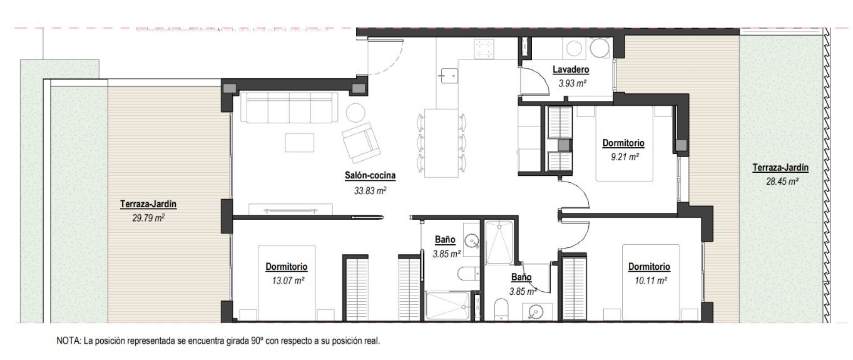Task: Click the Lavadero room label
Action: [x=571, y=69]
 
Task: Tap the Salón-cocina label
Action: [x=370, y=176]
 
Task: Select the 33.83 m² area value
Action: [x=370, y=190]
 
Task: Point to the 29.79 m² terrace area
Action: [x=148, y=218]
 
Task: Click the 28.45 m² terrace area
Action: [x=782, y=182]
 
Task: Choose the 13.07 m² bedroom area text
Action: [x=288, y=280]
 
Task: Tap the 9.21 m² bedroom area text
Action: [x=625, y=157]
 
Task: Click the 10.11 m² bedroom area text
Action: [x=651, y=280]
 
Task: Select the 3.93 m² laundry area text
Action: [x=573, y=83]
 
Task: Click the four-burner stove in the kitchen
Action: [x=484, y=49]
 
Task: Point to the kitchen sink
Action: [x=449, y=75]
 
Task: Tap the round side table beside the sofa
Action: [x=355, y=112]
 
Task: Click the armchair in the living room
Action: [x=361, y=142]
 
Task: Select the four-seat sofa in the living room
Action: [x=289, y=108]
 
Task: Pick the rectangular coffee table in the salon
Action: [x=299, y=143]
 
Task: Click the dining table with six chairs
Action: [x=441, y=143]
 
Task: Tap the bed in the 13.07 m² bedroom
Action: [x=287, y=283]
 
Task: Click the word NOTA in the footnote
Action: [x=68, y=341]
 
